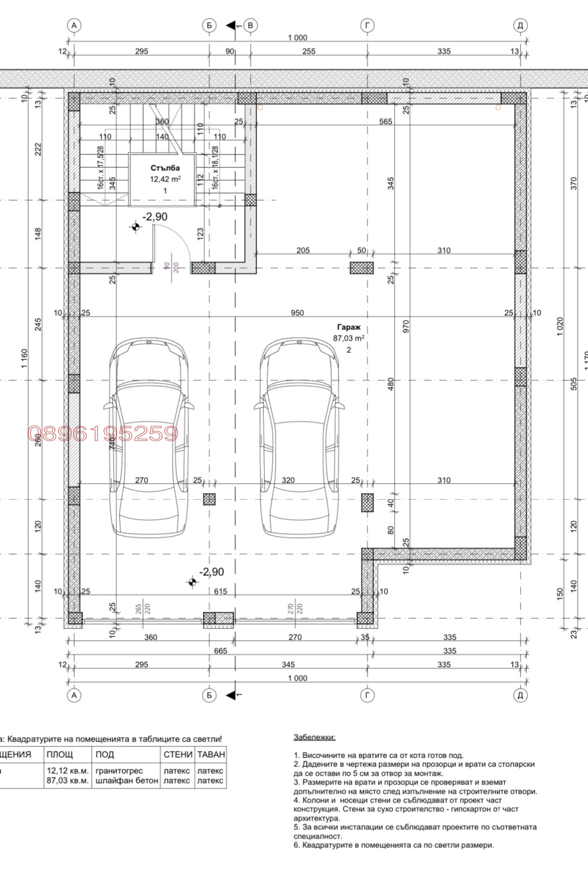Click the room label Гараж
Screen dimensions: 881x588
pos(349,327)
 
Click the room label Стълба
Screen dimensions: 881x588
pos(165,168)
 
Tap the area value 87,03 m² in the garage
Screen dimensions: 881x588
pos(349,338)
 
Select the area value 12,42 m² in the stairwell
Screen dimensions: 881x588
pos(165,179)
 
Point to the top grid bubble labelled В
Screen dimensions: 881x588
pos(250,25)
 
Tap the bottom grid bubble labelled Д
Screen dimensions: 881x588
pos(520,695)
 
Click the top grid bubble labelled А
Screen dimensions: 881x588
pos(74,25)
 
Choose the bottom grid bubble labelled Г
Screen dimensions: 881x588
pos(367,695)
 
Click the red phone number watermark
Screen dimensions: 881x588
pos(103,434)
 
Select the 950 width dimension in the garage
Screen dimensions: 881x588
pos(297,313)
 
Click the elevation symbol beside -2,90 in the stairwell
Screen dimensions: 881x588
pos(135,227)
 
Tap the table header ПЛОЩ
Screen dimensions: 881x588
pos(60,754)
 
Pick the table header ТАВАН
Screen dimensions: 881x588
pos(211,754)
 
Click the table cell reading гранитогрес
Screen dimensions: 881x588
pos(119,771)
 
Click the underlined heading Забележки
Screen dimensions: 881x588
pos(315,737)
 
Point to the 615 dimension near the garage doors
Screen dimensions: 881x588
pos(220,591)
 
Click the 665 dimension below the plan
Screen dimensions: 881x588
pos(220,651)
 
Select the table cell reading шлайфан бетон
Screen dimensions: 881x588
pos(127,781)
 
